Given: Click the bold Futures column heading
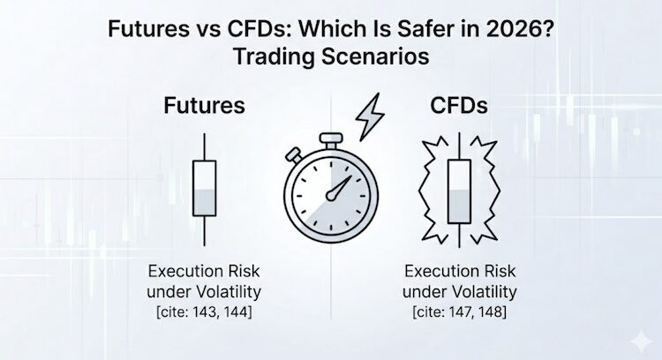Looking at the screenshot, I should [204, 107].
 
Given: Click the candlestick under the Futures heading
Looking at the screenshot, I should [205, 189].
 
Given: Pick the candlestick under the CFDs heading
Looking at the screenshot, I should [459, 189].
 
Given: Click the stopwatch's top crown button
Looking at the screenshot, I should [329, 139].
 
